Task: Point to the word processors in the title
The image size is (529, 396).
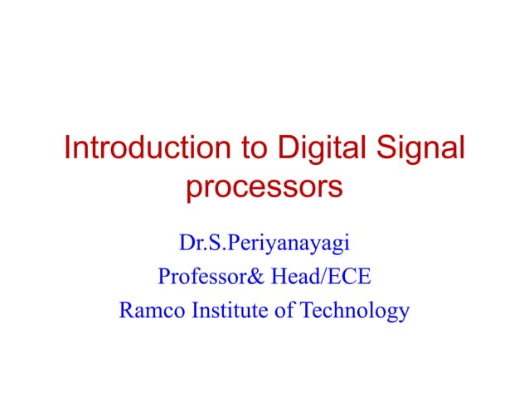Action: coord(264,188)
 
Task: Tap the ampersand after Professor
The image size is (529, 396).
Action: coord(256,278)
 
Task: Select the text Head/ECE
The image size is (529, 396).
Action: coord(318,278)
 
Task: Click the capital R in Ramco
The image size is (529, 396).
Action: coord(127,311)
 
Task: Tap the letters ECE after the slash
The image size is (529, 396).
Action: coord(347,278)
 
